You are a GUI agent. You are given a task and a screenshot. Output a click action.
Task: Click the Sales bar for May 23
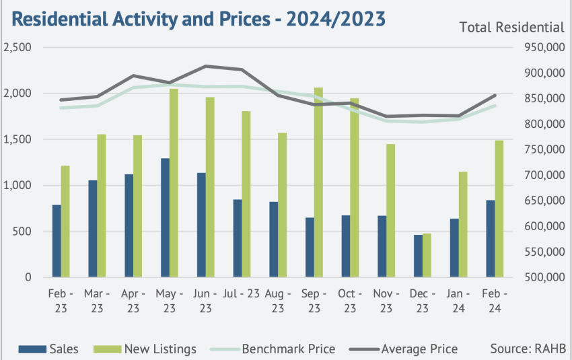pos(166,218)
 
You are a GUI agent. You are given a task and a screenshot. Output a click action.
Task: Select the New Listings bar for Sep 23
pos(318,182)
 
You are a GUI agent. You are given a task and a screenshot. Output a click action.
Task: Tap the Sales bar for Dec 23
pos(418,256)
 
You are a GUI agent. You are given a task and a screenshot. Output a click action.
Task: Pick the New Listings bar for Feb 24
pos(499,209)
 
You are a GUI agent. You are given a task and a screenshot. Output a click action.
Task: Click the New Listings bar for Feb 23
pos(65,222)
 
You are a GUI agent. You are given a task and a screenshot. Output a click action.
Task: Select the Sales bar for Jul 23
pos(238,238)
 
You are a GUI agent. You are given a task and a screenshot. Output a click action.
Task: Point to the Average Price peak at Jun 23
pos(206,67)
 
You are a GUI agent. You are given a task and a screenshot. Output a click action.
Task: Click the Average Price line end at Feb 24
pos(495,95)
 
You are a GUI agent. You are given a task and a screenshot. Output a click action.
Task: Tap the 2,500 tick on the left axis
pos(17,47)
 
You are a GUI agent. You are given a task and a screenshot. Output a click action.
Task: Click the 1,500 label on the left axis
pos(17,139)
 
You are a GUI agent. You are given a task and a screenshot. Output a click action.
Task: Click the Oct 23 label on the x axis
pos(350,301)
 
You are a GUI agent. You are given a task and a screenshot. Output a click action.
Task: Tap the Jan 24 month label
pos(458,301)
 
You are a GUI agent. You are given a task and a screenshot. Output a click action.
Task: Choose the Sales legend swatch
pos(32,349)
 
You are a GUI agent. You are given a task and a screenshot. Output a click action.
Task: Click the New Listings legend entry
pos(145,349)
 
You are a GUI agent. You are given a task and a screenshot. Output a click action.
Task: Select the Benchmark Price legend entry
pos(273,349)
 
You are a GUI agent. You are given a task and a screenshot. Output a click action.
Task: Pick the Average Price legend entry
pos(404,349)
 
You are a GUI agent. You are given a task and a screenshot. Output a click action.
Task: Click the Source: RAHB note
pos(528,349)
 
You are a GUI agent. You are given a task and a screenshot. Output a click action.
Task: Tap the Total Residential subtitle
pos(512,28)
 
